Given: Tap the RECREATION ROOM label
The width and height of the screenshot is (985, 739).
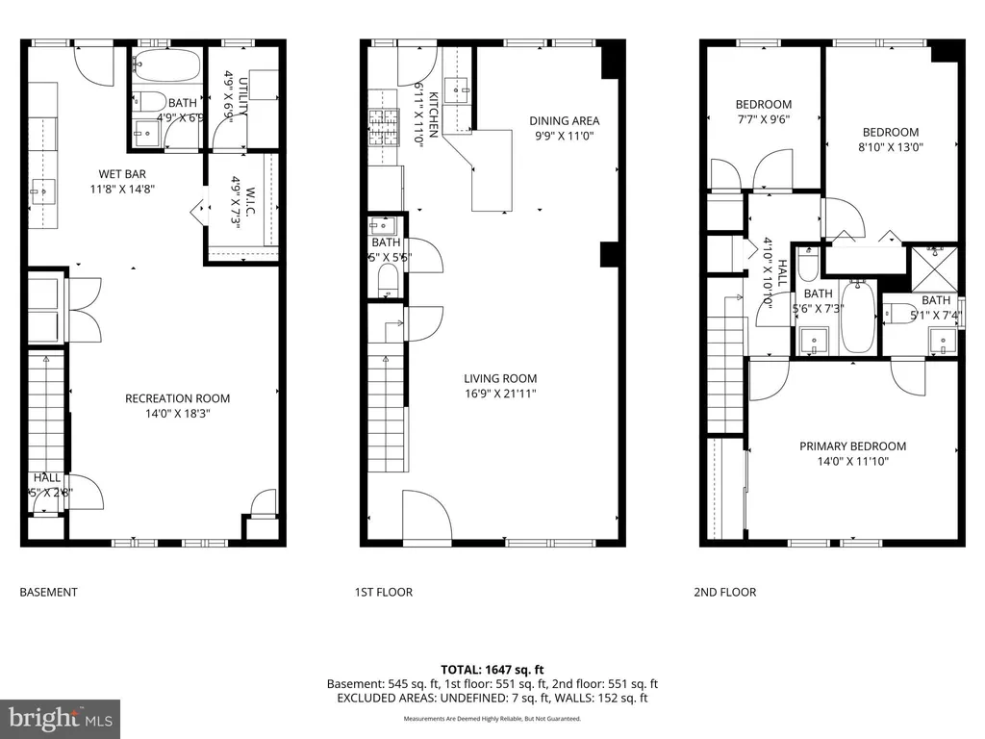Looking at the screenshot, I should [177, 398].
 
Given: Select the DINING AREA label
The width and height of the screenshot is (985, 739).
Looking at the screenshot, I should [564, 121].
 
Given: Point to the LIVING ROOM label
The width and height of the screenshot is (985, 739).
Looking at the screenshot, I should [500, 378].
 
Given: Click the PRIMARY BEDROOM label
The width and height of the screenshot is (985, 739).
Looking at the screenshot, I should [852, 446].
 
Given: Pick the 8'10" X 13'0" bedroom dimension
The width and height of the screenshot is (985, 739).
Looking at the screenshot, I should [890, 148].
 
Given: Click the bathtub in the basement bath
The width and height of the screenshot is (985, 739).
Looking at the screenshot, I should [166, 65].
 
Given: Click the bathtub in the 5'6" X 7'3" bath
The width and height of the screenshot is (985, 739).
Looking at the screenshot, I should [856, 318].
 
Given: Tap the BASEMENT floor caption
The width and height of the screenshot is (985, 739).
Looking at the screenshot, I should [48, 593].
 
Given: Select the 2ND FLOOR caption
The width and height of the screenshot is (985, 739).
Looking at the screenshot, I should [724, 593].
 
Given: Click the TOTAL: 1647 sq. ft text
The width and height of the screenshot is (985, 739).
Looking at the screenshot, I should [492, 669].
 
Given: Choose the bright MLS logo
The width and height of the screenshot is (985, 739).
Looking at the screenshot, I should [60, 718].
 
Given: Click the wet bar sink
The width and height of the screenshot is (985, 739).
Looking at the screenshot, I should [43, 191].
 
